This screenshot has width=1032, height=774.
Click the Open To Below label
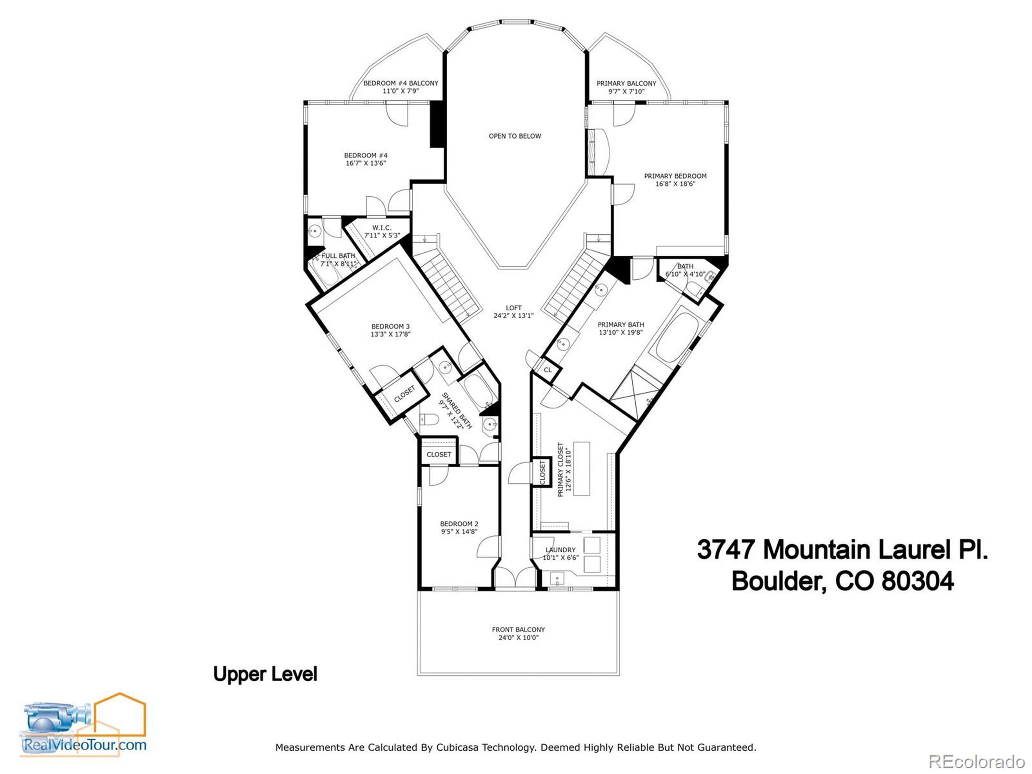click(515, 136)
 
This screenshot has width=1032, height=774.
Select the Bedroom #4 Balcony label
click(400, 83)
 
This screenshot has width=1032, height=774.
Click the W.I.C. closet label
click(382, 228)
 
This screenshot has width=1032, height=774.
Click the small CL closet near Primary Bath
click(548, 370)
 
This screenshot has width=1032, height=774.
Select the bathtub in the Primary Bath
click(676, 337)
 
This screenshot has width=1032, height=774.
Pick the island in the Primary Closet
click(582, 468)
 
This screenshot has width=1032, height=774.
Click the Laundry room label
click(560, 550)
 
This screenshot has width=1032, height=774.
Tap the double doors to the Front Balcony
click(515, 578)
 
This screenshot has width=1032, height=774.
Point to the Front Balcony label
click(518, 629)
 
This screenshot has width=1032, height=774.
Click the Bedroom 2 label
click(459, 524)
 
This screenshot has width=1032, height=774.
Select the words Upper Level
click(265, 674)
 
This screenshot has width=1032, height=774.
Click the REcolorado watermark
click(976, 762)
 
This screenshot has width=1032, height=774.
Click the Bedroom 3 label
click(390, 327)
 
